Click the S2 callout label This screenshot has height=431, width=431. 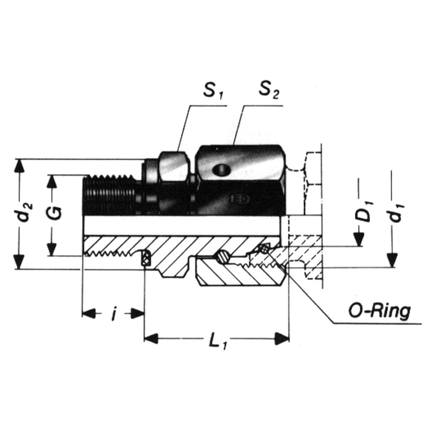coord(269,90)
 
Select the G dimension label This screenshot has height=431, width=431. coord(56,213)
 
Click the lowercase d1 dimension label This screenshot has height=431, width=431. coord(397,212)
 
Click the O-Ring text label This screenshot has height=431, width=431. coord(380,311)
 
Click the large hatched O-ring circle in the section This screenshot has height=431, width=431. coord(222,257)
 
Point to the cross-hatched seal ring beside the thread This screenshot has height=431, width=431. coord(146,258)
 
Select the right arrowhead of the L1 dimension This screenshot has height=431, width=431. coord(282,338)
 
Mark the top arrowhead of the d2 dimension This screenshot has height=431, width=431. coord(19,166)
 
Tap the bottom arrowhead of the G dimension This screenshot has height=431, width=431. coord(51,249)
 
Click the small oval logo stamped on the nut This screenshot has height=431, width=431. coord(240,199)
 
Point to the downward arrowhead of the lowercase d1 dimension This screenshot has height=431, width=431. coord(391,260)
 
